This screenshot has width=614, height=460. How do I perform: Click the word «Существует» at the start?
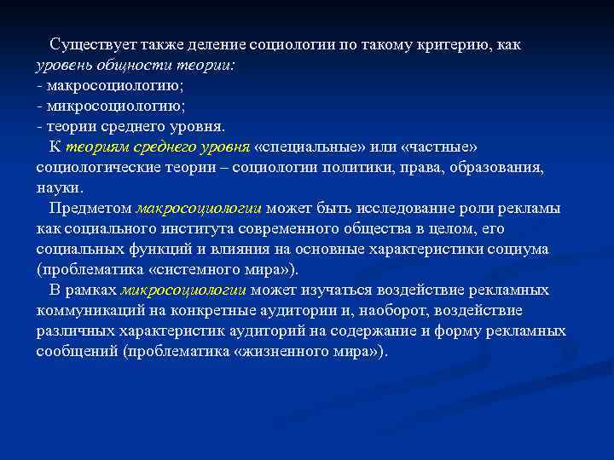tap(88, 44)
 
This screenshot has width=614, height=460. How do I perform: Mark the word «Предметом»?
tap(90, 208)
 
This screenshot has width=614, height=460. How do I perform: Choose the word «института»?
tap(194, 228)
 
